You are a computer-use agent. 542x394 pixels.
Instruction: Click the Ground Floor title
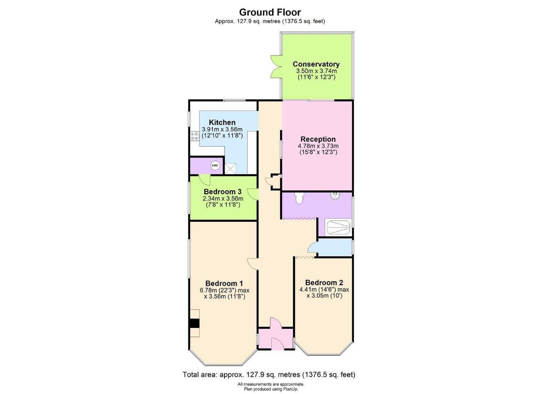pyautogui.click(x=270, y=12)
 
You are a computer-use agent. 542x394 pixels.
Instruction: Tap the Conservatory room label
pyautogui.click(x=316, y=64)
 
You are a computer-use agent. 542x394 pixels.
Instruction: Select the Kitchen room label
pyautogui.click(x=222, y=123)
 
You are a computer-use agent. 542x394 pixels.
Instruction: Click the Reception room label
pyautogui.click(x=318, y=139)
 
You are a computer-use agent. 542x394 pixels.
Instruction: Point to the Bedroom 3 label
pyautogui.click(x=222, y=192)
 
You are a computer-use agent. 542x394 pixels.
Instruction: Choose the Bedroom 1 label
pyautogui.click(x=224, y=283)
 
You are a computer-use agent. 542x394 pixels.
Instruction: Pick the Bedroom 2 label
pyautogui.click(x=324, y=283)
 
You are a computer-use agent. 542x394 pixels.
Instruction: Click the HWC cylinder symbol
pyautogui.click(x=215, y=166)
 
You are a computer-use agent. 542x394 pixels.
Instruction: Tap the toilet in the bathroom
pyautogui.click(x=299, y=198)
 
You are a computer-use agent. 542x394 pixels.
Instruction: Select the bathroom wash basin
pyautogui.click(x=335, y=196)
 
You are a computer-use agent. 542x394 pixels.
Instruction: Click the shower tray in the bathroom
pyautogui.click(x=338, y=227)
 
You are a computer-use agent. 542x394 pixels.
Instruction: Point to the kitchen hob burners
pyautogui.click(x=193, y=136)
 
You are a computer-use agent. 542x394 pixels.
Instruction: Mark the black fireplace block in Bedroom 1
pyautogui.click(x=195, y=323)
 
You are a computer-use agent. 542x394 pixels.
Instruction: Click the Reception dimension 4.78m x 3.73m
pyautogui.click(x=318, y=146)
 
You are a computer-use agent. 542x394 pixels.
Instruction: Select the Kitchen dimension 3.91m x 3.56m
pyautogui.click(x=222, y=130)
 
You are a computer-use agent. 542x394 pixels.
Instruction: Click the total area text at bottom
pyautogui.click(x=269, y=375)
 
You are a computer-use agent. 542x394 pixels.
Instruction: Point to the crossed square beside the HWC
pyautogui.click(x=230, y=168)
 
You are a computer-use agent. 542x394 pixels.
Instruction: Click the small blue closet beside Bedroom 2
pyautogui.click(x=334, y=248)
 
